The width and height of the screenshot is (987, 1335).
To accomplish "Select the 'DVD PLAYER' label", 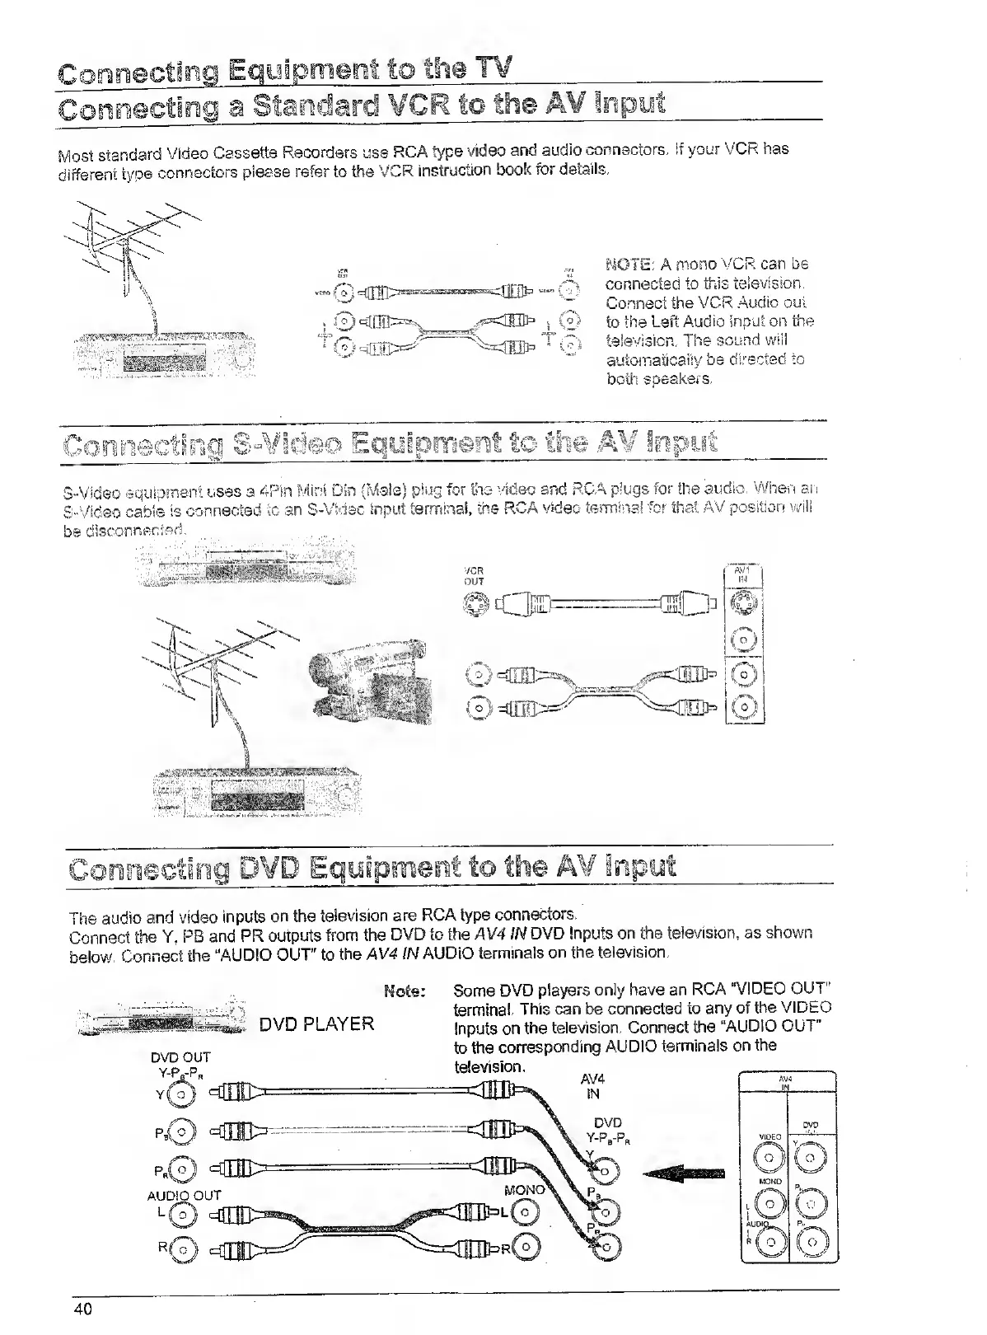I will coord(316,1024).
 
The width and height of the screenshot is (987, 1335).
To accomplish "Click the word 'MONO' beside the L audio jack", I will coord(524,1190).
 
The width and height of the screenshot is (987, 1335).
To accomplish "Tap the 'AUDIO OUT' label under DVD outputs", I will coord(184,1195).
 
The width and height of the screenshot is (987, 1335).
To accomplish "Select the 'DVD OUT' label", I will coord(181,1057).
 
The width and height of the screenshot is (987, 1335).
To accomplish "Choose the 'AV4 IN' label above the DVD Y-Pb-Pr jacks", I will coord(592,1086).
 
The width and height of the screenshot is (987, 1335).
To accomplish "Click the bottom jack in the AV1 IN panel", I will coord(745,706).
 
